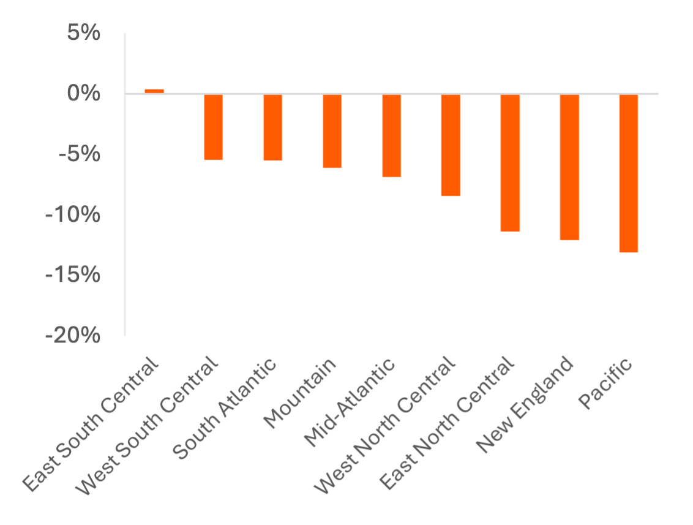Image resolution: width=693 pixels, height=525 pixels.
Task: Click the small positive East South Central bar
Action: (154, 91)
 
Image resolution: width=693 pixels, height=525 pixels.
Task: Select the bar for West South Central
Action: (214, 127)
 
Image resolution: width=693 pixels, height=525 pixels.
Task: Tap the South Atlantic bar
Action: (273, 128)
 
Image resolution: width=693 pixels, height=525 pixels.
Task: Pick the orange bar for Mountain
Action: (332, 131)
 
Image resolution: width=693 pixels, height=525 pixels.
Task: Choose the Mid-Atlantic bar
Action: (392, 136)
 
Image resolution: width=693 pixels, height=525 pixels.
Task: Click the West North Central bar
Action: (451, 145)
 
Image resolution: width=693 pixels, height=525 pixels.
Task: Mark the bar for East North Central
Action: (511, 163)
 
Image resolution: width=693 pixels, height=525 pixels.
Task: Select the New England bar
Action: (570, 167)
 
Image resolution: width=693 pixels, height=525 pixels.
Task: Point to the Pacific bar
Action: (629, 173)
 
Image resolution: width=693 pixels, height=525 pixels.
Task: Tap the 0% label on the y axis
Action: (83, 94)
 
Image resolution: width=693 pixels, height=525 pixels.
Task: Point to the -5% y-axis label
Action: (79, 154)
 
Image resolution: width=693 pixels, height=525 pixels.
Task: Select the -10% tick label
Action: (73, 215)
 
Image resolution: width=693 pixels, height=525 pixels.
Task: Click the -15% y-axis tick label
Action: (73, 275)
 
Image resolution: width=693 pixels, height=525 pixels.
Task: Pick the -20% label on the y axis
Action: (73, 336)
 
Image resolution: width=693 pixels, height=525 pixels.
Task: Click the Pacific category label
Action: (605, 384)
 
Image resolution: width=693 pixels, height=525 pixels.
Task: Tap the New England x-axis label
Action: (525, 404)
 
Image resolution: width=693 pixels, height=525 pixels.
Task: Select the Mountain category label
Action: (301, 393)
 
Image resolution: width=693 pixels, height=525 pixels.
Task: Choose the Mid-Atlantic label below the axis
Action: (350, 402)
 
